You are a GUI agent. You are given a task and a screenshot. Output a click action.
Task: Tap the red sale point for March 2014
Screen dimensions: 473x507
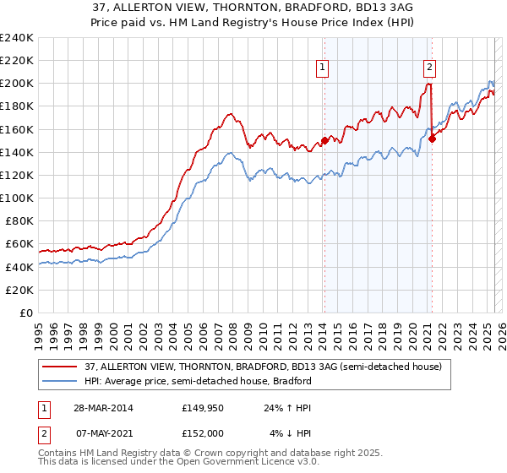point(324,141)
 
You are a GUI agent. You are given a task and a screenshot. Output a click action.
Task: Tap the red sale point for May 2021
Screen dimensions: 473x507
point(432,139)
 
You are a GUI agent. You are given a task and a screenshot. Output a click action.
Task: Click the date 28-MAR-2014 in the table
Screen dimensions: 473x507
point(97,409)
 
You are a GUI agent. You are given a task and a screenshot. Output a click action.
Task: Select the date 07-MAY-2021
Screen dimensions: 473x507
point(97,434)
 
